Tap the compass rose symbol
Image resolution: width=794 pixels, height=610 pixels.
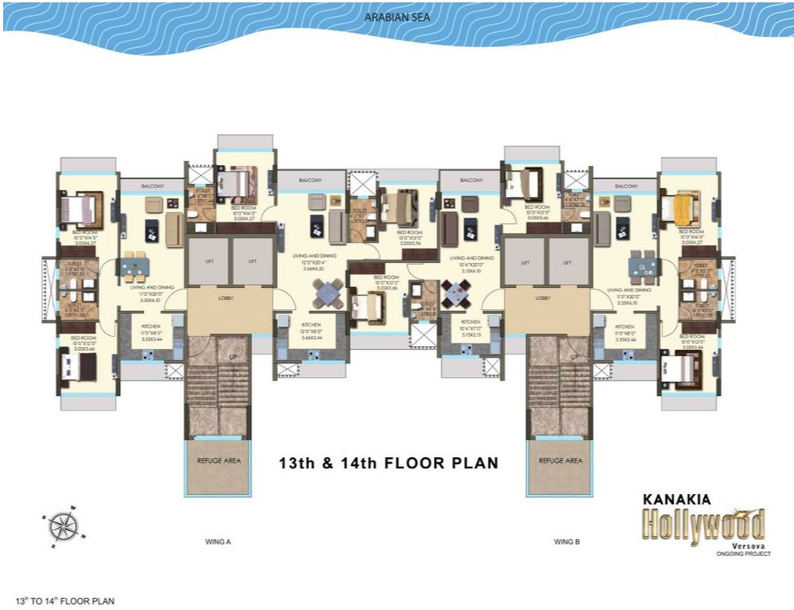pos(60,525)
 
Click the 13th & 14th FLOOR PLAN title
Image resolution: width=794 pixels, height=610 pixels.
pos(388,463)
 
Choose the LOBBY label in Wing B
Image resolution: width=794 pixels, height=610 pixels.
pos(543,298)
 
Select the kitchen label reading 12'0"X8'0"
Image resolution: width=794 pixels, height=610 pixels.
pos(311,329)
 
